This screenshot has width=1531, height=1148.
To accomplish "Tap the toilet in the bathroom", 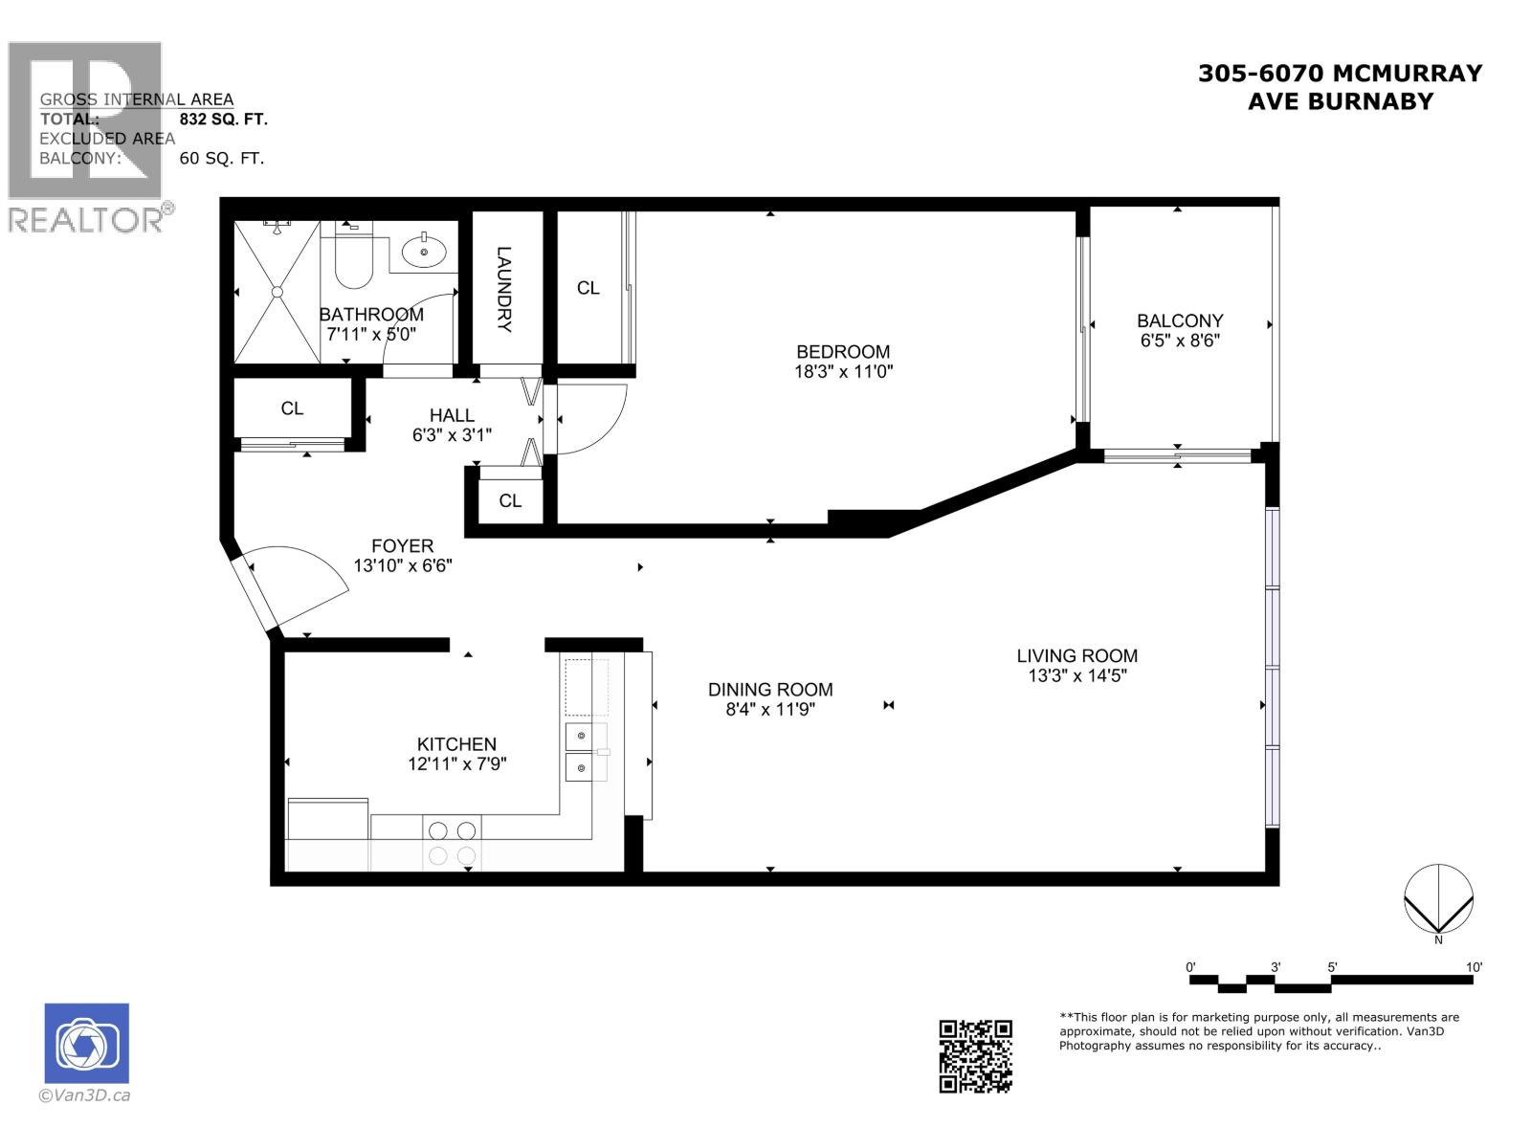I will pos(353,258).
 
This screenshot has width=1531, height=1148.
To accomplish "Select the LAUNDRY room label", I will pos(504,289).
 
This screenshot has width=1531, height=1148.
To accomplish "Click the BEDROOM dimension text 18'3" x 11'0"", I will pos(843,372).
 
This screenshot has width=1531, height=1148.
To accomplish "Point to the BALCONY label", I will pos(1179,320).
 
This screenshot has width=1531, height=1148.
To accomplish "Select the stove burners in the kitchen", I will pos(452,843).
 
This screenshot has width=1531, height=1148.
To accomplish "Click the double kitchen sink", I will pos(584,752).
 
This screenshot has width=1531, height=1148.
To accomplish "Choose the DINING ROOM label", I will pos(769,690).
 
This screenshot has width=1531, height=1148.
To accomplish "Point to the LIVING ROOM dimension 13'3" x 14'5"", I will pos(1076,676).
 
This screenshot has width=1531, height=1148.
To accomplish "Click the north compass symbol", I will pos(1437,899).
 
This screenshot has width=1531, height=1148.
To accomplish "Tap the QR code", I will pos(975,1055).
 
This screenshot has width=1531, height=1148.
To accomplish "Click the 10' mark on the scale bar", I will pos(1474,967).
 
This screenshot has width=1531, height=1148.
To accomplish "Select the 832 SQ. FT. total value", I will pos(223,120).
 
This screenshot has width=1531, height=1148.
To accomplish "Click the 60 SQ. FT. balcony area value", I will pos(221,159).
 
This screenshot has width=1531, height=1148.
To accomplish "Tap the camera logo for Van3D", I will pos(86,1044).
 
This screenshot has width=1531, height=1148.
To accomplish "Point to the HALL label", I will pos(451,415).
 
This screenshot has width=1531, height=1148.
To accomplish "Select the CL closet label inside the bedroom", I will pos(588,288).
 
